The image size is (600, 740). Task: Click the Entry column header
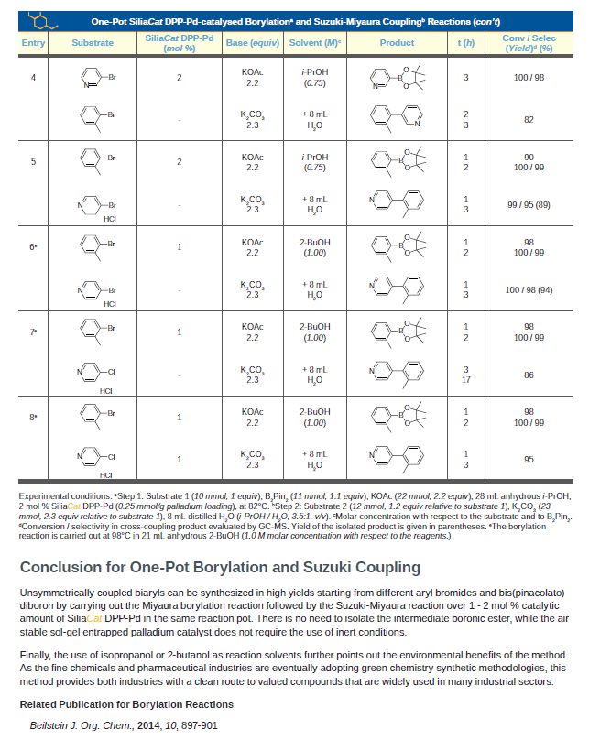[33, 43]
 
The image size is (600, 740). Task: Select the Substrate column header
[93, 43]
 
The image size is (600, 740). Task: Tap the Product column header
[396, 43]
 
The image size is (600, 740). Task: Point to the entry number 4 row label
[33, 77]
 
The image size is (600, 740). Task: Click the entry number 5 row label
[33, 162]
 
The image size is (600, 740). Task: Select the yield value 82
[529, 119]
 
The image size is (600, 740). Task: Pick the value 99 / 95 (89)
[529, 204]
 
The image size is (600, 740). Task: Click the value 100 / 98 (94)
[529, 289]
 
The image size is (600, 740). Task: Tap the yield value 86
[529, 375]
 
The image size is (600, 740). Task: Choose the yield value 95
[529, 459]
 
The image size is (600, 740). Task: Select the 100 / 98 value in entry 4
[529, 77]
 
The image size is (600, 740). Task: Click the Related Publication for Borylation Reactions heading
[126, 704]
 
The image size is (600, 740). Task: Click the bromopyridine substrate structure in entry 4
[97, 78]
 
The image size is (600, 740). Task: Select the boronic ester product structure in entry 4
[396, 78]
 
